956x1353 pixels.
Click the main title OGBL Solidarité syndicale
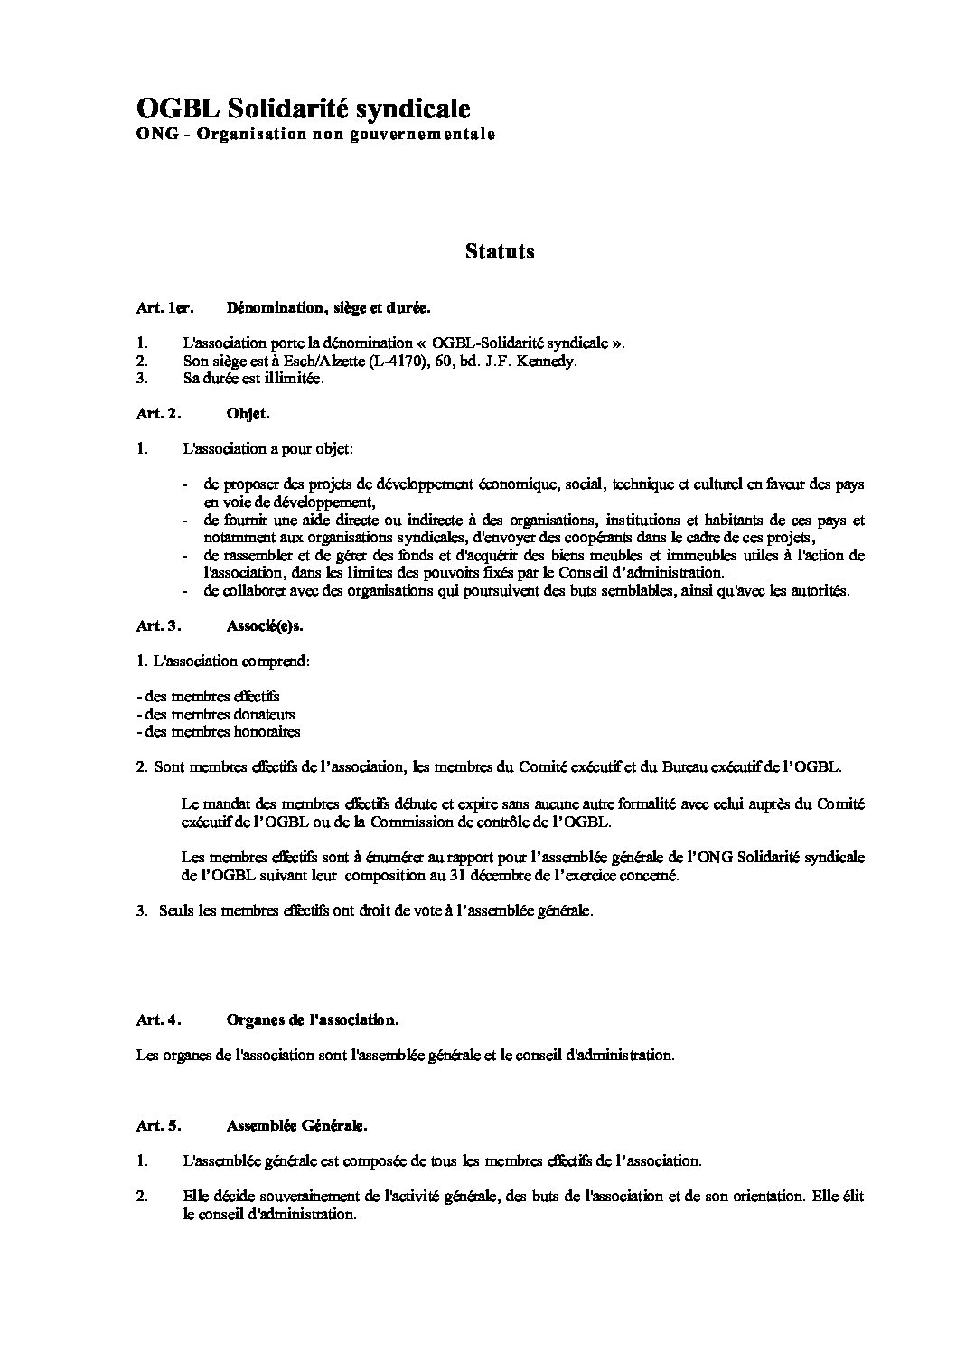click(x=303, y=109)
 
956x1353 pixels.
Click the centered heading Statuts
click(x=500, y=251)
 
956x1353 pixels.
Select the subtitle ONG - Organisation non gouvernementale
click(x=315, y=136)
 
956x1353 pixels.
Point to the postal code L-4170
click(x=364, y=362)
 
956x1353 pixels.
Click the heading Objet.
click(x=248, y=414)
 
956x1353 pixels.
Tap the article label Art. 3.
click(x=159, y=625)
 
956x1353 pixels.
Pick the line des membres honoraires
click(x=218, y=732)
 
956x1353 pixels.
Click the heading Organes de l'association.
click(x=313, y=1019)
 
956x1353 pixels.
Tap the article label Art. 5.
click(x=159, y=1126)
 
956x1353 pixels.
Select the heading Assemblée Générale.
click(x=297, y=1126)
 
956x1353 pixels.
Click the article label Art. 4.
click(x=159, y=1019)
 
